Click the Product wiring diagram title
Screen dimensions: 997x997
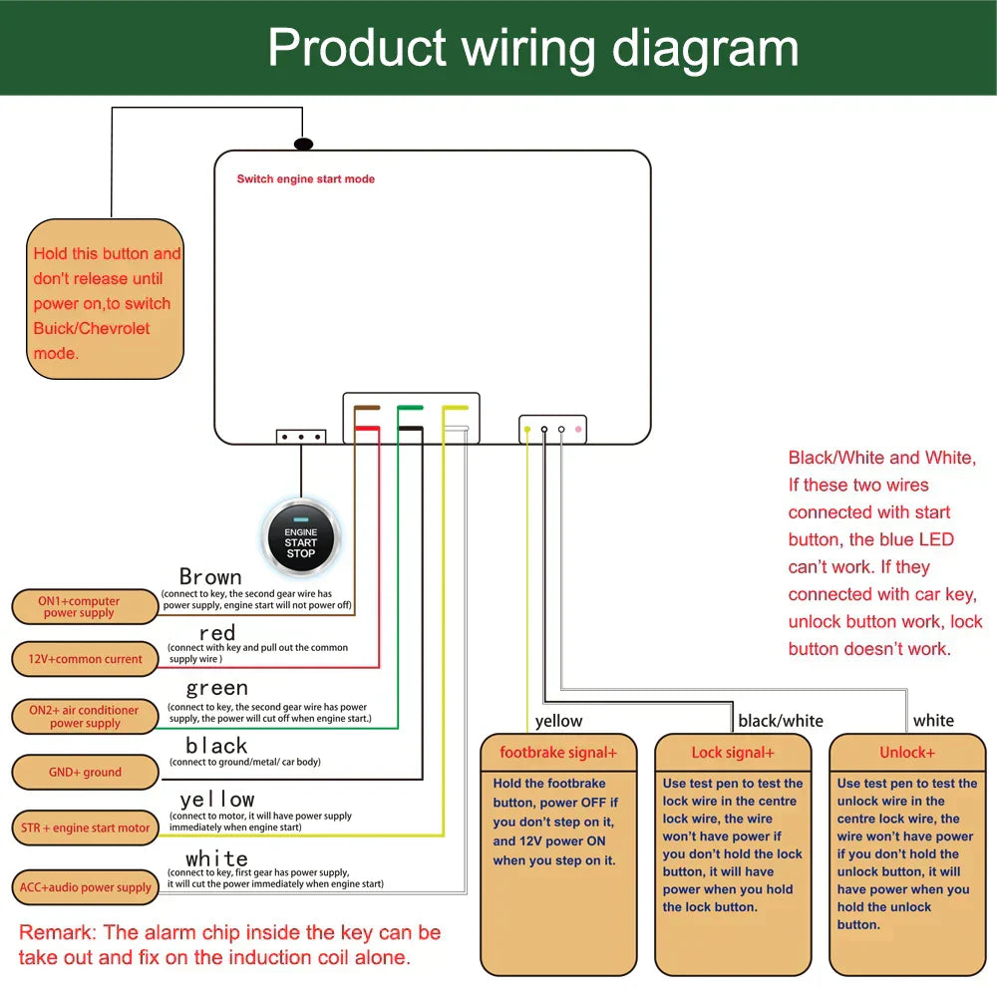[x=533, y=48]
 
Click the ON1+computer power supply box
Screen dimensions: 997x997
[x=85, y=606]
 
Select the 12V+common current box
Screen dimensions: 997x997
[x=85, y=659]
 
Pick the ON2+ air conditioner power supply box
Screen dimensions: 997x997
[x=85, y=716]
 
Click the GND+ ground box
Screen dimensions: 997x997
[x=85, y=772]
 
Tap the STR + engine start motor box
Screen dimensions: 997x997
[x=85, y=828]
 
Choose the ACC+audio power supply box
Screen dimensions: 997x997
[x=85, y=887]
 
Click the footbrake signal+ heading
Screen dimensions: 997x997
[x=557, y=753]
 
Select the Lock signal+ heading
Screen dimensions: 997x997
[x=733, y=753]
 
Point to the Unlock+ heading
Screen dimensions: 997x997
[x=907, y=753]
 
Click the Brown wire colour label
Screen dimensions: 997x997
[x=210, y=577]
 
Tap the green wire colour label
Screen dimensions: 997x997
[x=216, y=688]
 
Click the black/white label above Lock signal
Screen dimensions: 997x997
[x=781, y=721]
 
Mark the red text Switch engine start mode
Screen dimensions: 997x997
[x=305, y=179]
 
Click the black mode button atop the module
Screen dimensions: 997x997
[x=304, y=145]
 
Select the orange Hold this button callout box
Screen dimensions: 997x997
[x=105, y=299]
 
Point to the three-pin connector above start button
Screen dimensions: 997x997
[x=301, y=437]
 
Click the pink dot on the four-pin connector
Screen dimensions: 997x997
[x=578, y=430]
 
